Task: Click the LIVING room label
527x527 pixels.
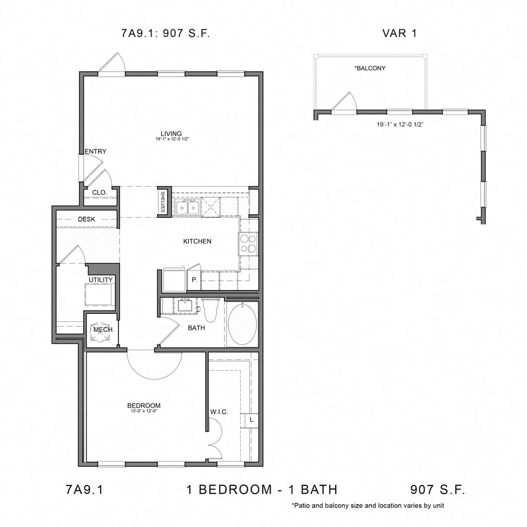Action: tap(172, 134)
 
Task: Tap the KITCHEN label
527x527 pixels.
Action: tap(197, 241)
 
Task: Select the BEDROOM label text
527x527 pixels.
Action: tap(143, 405)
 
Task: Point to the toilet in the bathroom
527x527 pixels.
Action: tap(211, 308)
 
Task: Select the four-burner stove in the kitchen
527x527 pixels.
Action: tap(248, 243)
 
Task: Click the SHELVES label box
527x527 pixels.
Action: tap(163, 202)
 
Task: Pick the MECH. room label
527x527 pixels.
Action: tap(102, 330)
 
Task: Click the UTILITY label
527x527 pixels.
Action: tap(101, 280)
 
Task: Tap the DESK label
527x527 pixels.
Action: tap(86, 219)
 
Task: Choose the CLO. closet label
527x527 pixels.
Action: tap(99, 192)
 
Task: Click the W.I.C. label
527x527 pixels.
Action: tap(219, 412)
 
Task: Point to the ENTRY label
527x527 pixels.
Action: tap(95, 152)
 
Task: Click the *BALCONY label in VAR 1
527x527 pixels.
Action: tap(370, 68)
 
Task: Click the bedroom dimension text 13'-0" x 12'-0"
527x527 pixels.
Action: tap(143, 412)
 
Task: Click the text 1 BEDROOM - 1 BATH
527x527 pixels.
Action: tap(262, 490)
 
